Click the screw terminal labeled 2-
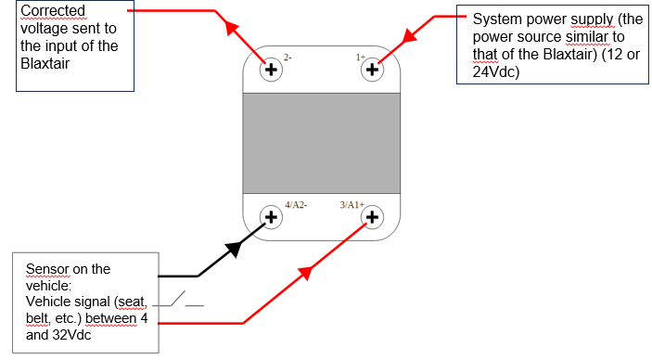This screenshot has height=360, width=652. [x=272, y=70]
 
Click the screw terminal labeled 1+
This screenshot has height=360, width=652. [x=373, y=70]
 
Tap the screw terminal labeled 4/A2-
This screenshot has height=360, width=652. [x=271, y=218]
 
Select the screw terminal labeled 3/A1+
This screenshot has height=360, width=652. [x=372, y=218]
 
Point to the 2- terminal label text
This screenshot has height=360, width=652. [x=288, y=58]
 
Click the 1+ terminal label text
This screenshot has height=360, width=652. [x=361, y=58]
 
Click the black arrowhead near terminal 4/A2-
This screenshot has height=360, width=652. [x=236, y=248]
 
